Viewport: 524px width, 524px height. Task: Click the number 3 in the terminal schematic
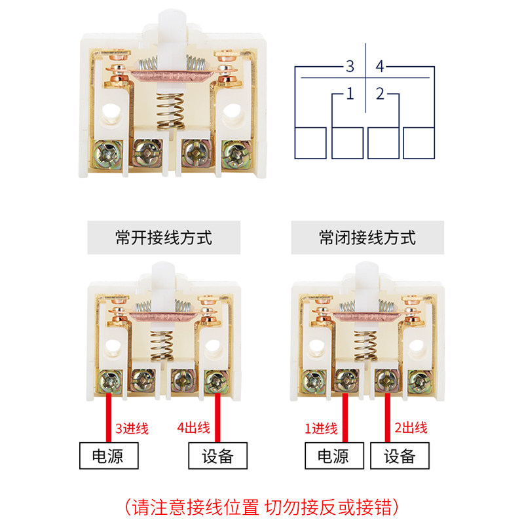(350, 66)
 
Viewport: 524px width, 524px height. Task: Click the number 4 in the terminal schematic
(382, 66)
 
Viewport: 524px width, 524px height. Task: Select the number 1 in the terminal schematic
(350, 94)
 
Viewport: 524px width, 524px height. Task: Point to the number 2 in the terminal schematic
(381, 94)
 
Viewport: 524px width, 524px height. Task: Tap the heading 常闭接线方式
(367, 237)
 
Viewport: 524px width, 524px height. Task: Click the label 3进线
(132, 429)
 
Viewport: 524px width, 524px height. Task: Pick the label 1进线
(321, 429)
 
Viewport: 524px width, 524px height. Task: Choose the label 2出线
(411, 428)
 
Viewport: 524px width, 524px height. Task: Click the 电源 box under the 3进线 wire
(109, 455)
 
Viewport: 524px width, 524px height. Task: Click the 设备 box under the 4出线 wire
(218, 455)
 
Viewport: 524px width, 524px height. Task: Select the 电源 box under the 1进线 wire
(335, 455)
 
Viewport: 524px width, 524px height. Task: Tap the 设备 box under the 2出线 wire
(400, 455)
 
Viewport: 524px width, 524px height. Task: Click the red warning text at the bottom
(261, 507)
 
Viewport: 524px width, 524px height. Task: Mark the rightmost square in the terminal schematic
(419, 142)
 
